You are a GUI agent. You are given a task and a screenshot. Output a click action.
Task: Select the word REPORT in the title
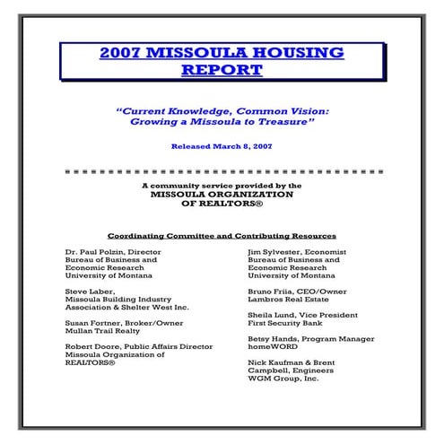[221, 69]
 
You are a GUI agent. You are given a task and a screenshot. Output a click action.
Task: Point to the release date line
[221, 145]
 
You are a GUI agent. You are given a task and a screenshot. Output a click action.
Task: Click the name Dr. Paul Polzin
[94, 252]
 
